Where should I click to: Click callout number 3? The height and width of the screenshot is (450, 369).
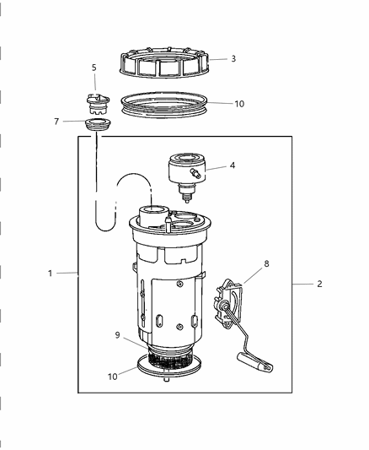click(x=233, y=58)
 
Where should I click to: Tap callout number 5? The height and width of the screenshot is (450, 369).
click(x=94, y=67)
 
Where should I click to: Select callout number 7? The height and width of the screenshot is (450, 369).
click(x=56, y=121)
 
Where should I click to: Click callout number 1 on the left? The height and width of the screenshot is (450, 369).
click(x=50, y=273)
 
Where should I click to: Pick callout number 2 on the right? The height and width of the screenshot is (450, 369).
click(x=319, y=285)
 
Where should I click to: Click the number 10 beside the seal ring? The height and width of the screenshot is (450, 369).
click(x=239, y=104)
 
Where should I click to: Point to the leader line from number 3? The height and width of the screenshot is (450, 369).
click(x=217, y=59)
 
